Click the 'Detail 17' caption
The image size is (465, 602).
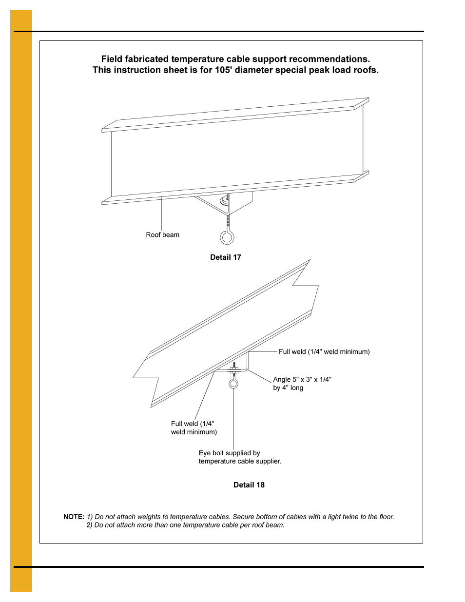[225, 257]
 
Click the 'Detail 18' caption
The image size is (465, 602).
[249, 485]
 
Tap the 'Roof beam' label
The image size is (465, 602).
[162, 235]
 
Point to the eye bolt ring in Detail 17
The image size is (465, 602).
[227, 237]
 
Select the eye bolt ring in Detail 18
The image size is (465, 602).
[233, 384]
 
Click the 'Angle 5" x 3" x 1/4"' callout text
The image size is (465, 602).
[302, 379]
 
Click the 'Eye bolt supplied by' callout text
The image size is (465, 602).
[229, 453]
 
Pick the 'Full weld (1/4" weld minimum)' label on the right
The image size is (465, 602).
[324, 351]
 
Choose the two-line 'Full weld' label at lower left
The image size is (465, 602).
[194, 428]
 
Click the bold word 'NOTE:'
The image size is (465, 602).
[74, 517]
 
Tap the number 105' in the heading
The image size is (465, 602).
[223, 70]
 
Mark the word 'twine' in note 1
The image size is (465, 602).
[352, 517]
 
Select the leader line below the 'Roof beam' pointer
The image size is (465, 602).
[161, 214]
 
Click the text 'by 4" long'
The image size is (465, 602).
[288, 388]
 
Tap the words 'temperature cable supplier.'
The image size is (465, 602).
[240, 461]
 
